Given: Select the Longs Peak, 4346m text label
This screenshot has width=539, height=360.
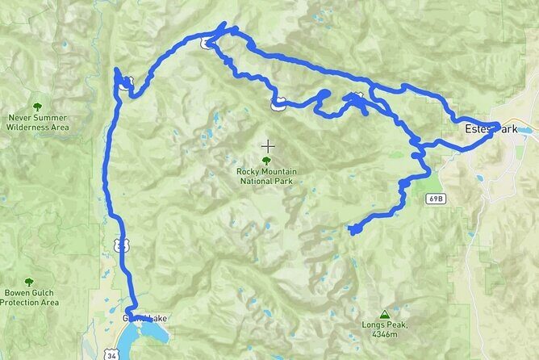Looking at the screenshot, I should point(385,329).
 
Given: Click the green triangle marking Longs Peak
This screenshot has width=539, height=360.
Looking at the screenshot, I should point(384,314).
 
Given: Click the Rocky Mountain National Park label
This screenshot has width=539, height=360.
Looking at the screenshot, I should point(267,176).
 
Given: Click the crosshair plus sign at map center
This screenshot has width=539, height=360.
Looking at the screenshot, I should point(267,146).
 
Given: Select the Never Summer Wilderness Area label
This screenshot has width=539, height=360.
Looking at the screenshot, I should point(37,123).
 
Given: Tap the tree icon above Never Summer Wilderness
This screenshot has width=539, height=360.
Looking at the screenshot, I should point(37,107).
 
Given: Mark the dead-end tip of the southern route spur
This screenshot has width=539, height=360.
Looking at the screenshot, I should point(352,232).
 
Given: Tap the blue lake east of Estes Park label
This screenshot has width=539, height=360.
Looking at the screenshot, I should point(524,129).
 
